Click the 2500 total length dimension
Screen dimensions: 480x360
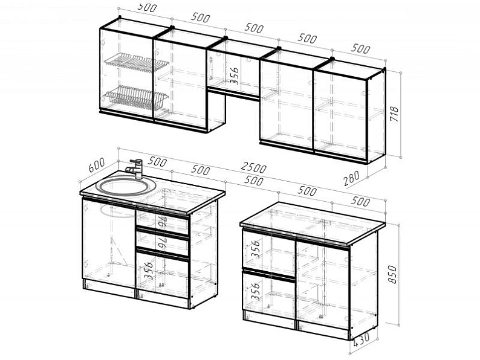[253, 168]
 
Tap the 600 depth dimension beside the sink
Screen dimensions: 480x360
[97, 164]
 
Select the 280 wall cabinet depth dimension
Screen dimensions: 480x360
[351, 178]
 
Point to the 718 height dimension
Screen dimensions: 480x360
[394, 114]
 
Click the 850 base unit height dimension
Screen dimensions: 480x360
[392, 274]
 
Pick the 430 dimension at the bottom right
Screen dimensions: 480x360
[362, 339]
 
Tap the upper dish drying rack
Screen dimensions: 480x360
[137, 62]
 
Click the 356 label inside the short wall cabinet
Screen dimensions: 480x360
[234, 76]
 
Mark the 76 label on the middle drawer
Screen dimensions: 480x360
[162, 244]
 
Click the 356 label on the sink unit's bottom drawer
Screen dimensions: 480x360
[149, 271]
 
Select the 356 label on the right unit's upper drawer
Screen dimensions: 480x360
[255, 249]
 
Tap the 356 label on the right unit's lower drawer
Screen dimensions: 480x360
[255, 292]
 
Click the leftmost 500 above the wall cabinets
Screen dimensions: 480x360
[147, 7]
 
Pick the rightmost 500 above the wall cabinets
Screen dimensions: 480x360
[361, 48]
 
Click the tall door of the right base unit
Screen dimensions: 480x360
[323, 285]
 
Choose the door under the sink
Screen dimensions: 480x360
[109, 243]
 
